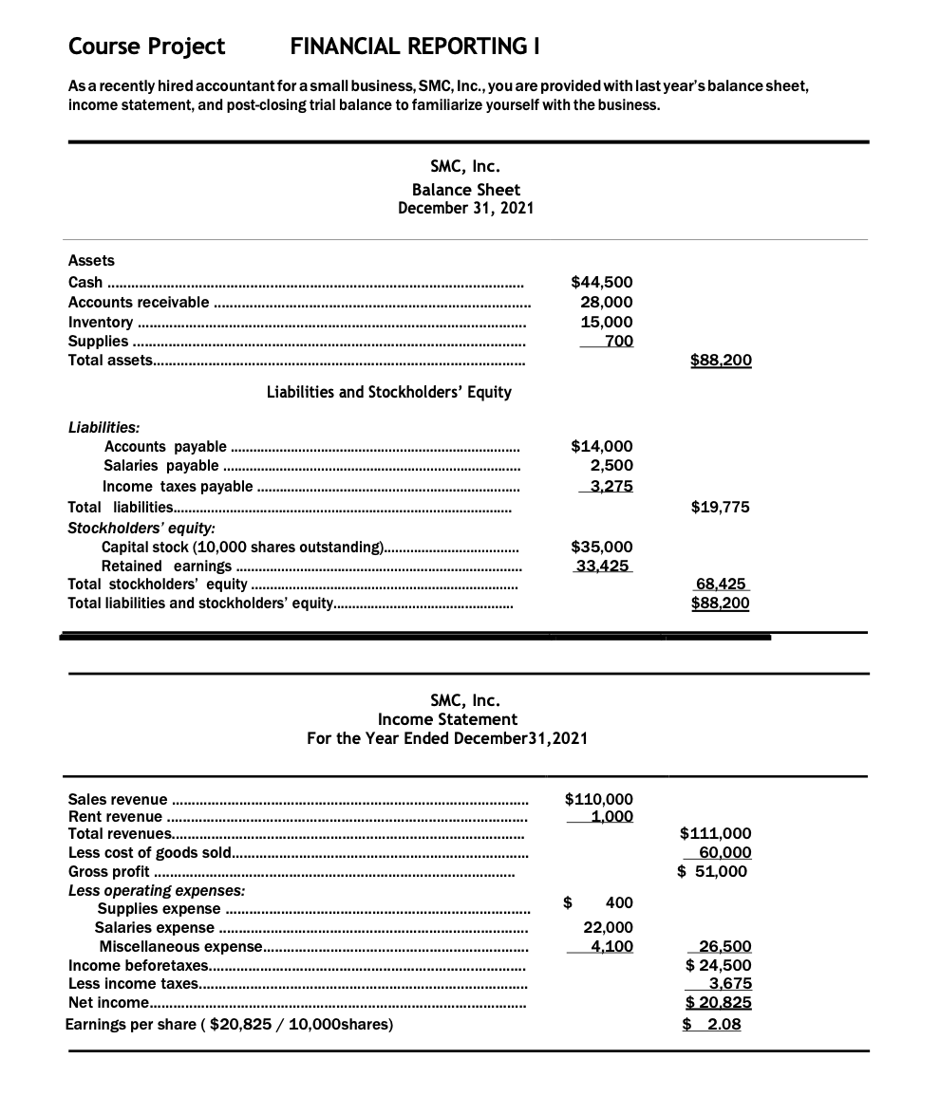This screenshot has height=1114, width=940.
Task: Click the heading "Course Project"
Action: click(147, 46)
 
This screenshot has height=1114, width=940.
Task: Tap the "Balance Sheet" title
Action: click(465, 190)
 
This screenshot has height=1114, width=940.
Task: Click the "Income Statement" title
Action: click(447, 719)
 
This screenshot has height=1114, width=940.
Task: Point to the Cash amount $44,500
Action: click(602, 282)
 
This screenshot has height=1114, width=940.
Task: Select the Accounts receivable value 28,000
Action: click(607, 302)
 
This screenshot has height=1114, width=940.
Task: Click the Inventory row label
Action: click(101, 322)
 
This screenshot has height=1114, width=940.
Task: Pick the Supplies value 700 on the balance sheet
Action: click(618, 341)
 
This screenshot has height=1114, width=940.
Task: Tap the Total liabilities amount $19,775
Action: click(721, 507)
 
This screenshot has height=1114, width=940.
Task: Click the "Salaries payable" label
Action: click(161, 466)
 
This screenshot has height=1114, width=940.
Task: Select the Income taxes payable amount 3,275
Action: click(611, 486)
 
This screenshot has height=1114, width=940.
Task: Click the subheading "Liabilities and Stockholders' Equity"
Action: click(389, 392)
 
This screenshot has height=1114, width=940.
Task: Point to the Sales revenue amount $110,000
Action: click(599, 800)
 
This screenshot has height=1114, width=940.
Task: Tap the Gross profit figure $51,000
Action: click(714, 871)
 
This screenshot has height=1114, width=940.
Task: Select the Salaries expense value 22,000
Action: click(608, 927)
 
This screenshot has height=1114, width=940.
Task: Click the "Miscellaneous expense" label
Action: click(179, 946)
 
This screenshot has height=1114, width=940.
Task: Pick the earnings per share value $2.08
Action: click(714, 1024)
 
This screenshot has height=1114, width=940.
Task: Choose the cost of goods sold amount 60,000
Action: click(724, 852)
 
